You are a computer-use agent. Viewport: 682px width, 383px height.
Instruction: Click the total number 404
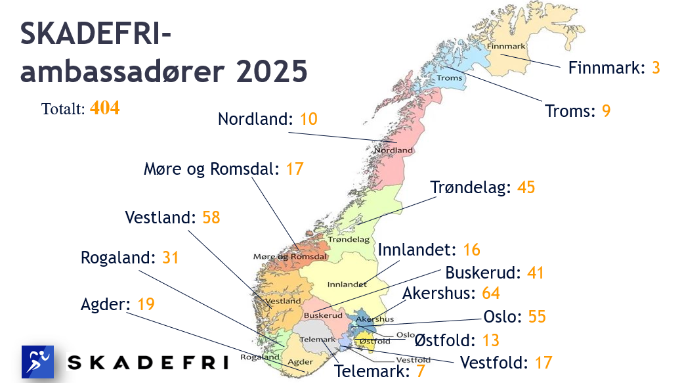click(104, 108)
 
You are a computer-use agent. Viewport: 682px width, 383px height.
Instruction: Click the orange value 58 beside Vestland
click(211, 217)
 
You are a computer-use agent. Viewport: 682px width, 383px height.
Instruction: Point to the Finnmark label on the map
click(507, 47)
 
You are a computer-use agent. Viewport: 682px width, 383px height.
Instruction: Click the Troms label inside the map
click(450, 78)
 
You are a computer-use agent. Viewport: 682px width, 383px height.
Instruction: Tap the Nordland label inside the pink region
click(394, 150)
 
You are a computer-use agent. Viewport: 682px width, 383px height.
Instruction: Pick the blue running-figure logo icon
click(37, 362)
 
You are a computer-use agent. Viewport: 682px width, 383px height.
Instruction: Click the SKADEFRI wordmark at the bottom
click(148, 363)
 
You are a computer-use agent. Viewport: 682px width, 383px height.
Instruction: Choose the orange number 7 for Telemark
click(421, 371)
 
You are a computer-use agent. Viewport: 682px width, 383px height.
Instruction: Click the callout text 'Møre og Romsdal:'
click(212, 169)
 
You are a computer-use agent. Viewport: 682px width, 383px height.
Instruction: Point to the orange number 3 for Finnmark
click(656, 68)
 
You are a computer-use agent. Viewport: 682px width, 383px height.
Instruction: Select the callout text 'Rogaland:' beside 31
click(119, 258)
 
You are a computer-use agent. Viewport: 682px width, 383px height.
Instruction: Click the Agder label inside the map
click(300, 361)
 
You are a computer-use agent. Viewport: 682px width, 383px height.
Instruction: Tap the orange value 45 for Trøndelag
click(526, 187)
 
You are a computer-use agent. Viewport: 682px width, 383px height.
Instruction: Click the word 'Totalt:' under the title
click(63, 109)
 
